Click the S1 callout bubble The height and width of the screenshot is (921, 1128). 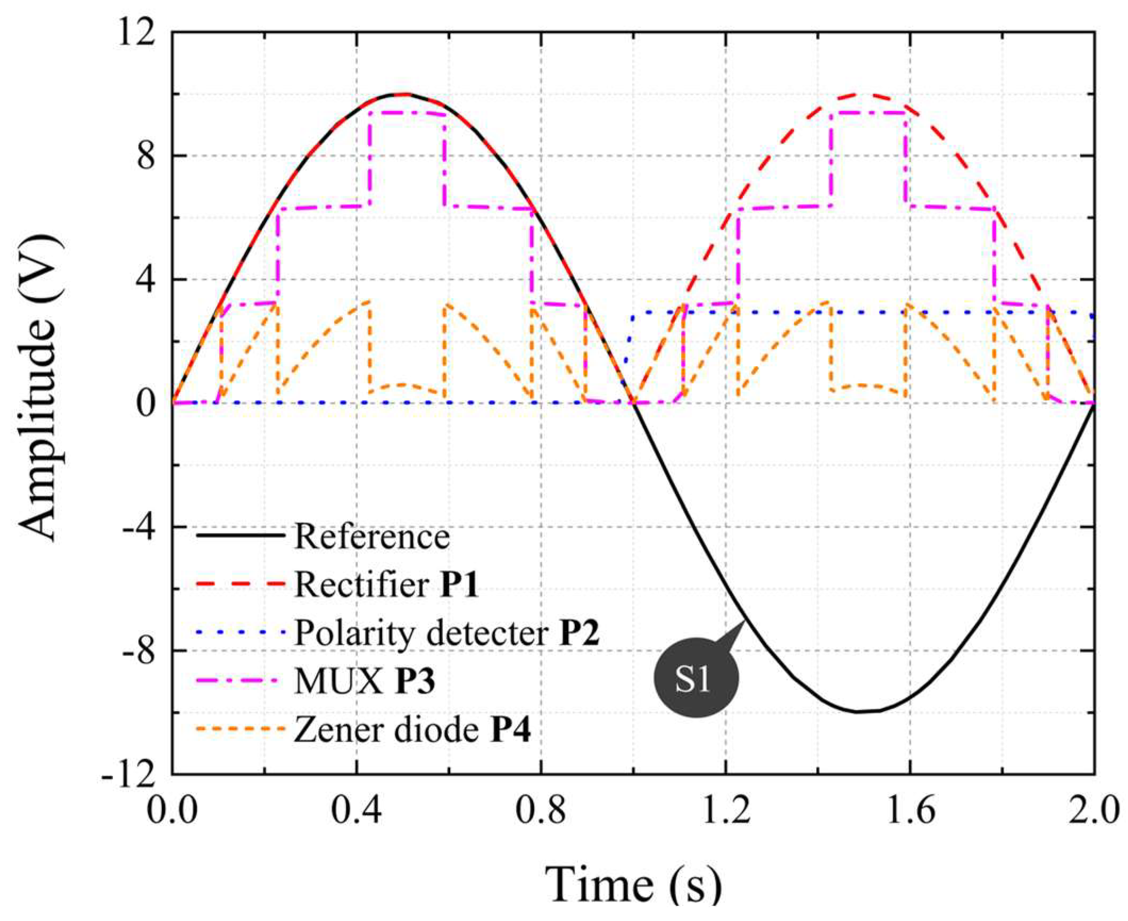693,682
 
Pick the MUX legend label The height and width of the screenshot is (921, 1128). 339,683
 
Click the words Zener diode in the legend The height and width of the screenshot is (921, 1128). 386,731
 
